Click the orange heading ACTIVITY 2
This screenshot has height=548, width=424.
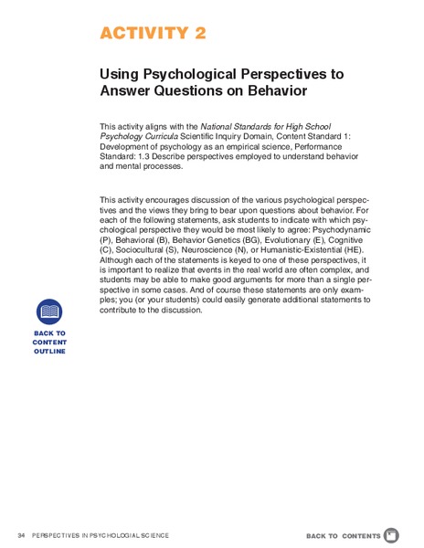pyautogui.click(x=153, y=34)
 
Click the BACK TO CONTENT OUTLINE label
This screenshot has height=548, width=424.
pyautogui.click(x=49, y=342)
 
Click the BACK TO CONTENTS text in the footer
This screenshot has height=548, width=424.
pyautogui.click(x=343, y=535)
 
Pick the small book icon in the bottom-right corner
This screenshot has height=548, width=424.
pyautogui.click(x=391, y=534)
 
